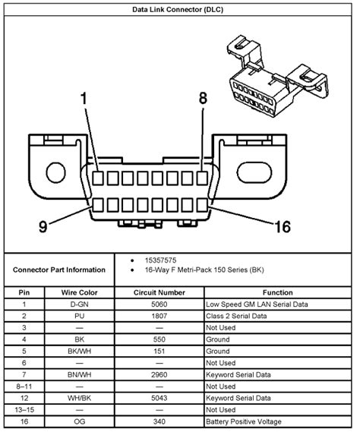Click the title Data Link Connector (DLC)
[x=178, y=10]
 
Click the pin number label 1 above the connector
[x=84, y=99]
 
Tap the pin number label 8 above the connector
[x=203, y=99]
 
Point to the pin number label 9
[x=43, y=227]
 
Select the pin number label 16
[x=283, y=227]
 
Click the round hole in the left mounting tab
[x=55, y=173]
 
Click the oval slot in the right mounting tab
[x=254, y=173]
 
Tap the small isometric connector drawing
[x=278, y=76]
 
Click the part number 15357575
[x=160, y=260]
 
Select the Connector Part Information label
[x=59, y=270]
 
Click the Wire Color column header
[x=80, y=292]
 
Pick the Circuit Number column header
[x=159, y=292]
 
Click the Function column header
[x=277, y=292]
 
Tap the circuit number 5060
[x=159, y=304]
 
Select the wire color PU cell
[x=80, y=316]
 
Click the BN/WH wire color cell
[x=80, y=375]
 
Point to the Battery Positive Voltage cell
[x=244, y=422]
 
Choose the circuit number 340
[x=159, y=422]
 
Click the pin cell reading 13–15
[x=24, y=410]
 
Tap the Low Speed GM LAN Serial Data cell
[x=257, y=304]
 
